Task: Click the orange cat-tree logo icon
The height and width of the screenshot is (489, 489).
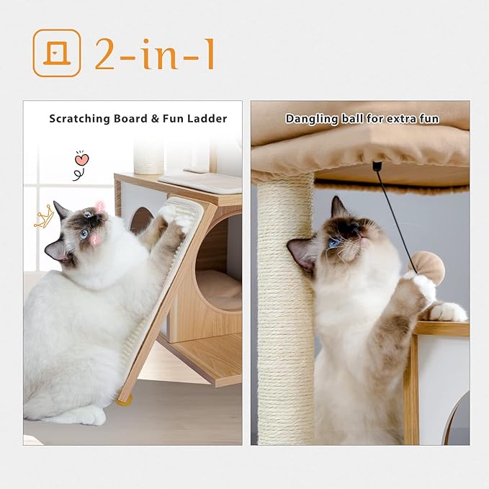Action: point(56,53)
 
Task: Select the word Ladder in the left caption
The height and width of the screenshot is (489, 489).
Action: point(210,118)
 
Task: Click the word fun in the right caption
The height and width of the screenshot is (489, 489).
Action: point(428,118)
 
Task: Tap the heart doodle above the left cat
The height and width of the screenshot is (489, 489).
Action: point(81,160)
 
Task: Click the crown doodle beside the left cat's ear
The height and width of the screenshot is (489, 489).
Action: point(43,215)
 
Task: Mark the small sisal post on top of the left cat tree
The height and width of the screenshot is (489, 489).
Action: point(149,156)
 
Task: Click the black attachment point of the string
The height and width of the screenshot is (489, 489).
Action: point(377,166)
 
